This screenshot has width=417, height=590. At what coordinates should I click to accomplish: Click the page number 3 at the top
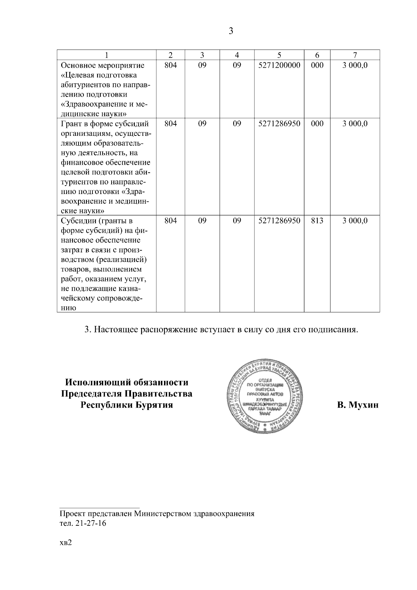231,31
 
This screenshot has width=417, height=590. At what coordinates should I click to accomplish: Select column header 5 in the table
279,55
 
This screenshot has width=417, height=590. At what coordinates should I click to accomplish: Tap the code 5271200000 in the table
279,65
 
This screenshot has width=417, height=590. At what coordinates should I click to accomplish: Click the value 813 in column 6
317,221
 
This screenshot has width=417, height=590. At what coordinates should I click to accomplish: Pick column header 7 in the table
355,55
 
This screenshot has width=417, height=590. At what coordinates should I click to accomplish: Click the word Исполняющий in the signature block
97,383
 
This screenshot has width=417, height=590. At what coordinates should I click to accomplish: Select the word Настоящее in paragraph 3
115,329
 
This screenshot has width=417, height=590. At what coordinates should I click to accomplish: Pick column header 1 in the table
106,55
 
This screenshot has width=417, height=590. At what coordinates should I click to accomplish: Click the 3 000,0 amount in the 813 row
355,221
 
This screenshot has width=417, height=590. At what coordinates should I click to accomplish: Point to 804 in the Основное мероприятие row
170,65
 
